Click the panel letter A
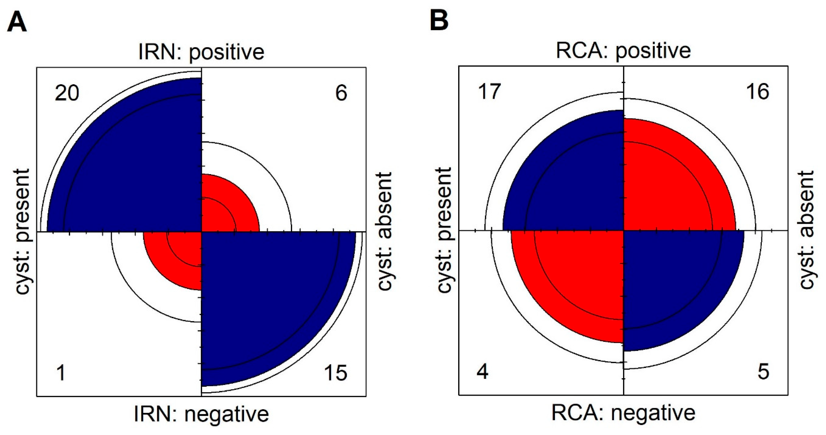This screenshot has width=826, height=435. tap(17, 23)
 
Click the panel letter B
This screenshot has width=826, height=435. tap(439, 22)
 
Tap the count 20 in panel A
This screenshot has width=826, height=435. tap(67, 94)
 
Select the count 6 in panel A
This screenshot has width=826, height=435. tap(341, 93)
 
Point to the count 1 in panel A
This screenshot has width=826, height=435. tap(61, 373)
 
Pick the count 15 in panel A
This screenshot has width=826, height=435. tap(335, 373)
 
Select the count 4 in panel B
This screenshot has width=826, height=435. tap(483, 372)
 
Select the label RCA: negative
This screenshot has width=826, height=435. tap(623, 413)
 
